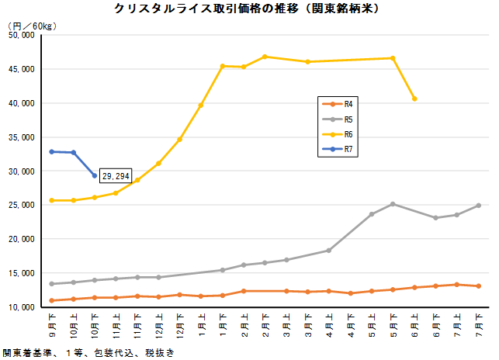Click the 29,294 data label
coord(116,177)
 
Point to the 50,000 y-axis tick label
coord(18,35)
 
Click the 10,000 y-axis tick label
coord(18,307)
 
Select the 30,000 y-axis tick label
coord(18,171)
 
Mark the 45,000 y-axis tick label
coord(18,69)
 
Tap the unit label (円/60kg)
coord(30,26)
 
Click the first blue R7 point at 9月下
coord(52,151)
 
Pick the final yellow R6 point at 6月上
coord(414,99)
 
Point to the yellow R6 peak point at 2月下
coord(265,57)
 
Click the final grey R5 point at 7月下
coord(479,206)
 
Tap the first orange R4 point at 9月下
coord(52,300)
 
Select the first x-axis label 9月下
coord(52,320)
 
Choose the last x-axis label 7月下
coord(479,320)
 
